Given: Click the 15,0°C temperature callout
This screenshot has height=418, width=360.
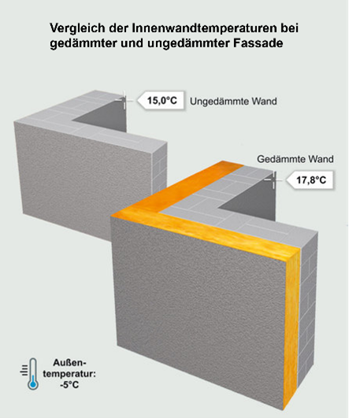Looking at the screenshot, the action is [x=161, y=101].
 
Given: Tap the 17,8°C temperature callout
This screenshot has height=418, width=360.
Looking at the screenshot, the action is [x=310, y=180].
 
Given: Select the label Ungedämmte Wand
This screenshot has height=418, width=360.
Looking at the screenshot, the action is [x=233, y=102].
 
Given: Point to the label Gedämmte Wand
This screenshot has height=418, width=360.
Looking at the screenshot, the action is [x=295, y=159].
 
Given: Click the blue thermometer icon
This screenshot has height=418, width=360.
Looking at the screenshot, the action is [x=31, y=374].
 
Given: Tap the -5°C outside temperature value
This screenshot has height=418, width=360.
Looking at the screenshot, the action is [x=69, y=385].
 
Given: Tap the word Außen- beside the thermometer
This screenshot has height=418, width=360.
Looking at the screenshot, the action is [x=69, y=363].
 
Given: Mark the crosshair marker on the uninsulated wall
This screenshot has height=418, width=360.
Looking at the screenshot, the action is [x=124, y=100].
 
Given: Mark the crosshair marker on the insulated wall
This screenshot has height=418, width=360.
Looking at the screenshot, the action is [x=273, y=180].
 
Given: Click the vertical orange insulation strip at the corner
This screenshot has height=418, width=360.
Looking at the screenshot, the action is [x=291, y=328].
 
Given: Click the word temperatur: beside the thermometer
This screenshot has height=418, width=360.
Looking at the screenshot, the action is [x=69, y=374].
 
